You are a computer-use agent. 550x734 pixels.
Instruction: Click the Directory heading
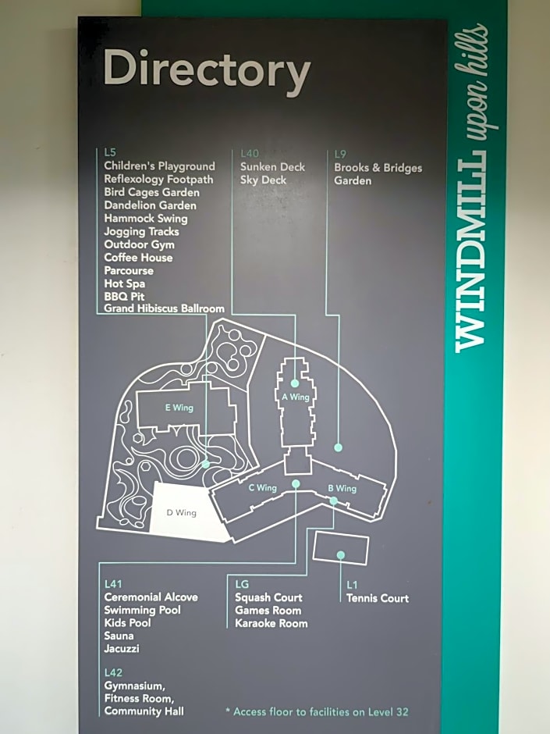tap(207, 71)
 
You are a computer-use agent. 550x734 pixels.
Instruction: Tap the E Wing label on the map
tap(179, 408)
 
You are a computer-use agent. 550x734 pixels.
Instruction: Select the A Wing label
tap(296, 397)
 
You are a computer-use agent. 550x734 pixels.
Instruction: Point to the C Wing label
tap(263, 488)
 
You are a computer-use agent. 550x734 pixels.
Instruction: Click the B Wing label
tap(342, 489)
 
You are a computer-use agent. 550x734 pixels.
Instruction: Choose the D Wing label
tap(182, 512)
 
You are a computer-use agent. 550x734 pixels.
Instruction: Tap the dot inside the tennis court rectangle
tap(340, 555)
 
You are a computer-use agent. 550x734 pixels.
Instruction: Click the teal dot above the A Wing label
tap(295, 383)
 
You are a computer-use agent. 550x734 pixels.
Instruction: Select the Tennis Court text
tap(378, 598)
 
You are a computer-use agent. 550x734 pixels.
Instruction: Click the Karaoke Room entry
tap(271, 624)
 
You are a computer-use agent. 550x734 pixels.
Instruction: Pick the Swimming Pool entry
tap(142, 610)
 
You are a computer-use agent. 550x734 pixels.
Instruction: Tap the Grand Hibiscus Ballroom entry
tap(164, 308)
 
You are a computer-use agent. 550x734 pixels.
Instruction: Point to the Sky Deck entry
tap(264, 180)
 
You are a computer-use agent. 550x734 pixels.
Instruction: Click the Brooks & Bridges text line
tap(378, 168)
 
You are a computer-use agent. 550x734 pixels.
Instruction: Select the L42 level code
tap(113, 672)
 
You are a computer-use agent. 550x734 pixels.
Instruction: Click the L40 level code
tap(250, 154)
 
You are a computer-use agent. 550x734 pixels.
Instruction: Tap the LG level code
tap(242, 584)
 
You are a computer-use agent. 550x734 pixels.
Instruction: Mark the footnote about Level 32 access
tap(317, 712)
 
